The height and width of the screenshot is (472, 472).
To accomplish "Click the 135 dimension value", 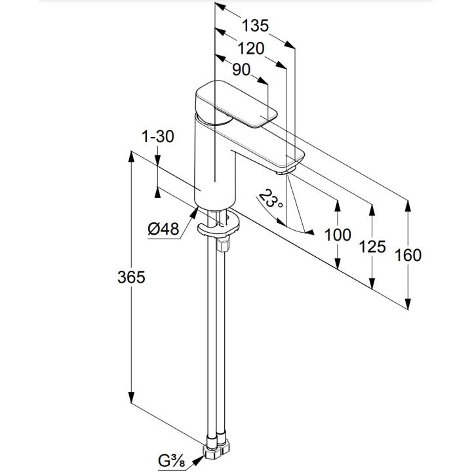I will [254, 26].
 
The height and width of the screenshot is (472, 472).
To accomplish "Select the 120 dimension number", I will [250, 49].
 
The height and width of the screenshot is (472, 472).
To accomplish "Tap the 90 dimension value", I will [241, 70].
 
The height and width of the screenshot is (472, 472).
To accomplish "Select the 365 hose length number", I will [131, 277].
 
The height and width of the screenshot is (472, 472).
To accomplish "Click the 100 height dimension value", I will [338, 235].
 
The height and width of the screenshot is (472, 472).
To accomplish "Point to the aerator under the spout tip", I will [285, 172].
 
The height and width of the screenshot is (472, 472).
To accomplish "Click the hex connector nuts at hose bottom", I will [217, 450].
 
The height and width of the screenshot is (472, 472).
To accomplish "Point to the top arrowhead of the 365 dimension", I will [132, 158].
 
